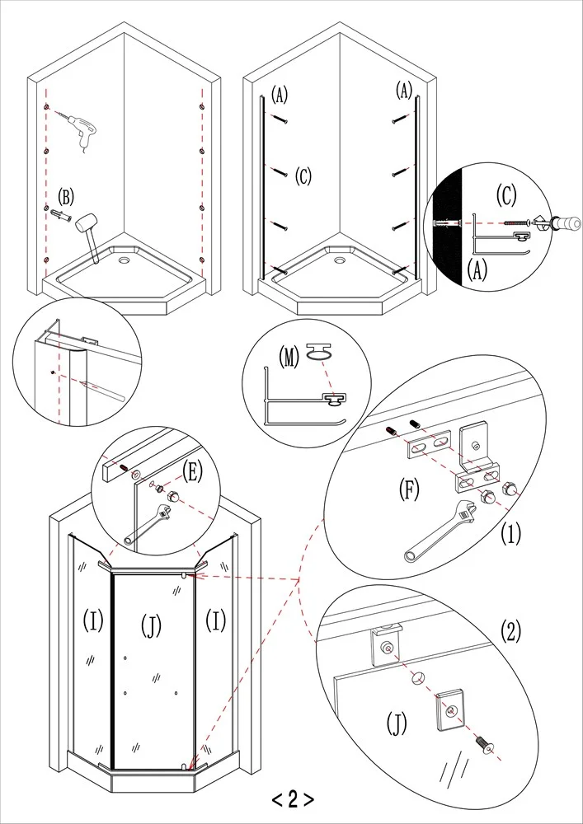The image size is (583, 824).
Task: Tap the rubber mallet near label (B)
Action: pos(88,227)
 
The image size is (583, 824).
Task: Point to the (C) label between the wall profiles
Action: pos(303,175)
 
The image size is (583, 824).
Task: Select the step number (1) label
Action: pos(512,533)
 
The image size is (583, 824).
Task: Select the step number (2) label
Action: pos(512,632)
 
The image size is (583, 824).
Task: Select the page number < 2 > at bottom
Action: pos(292,798)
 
